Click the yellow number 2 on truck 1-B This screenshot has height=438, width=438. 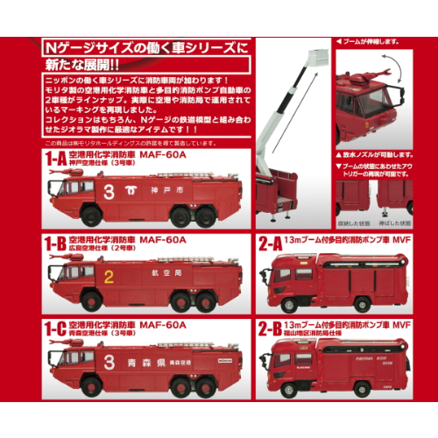(x=109, y=279)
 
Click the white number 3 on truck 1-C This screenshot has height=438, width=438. (x=109, y=359)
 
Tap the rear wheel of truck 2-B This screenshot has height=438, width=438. (x=382, y=388)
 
